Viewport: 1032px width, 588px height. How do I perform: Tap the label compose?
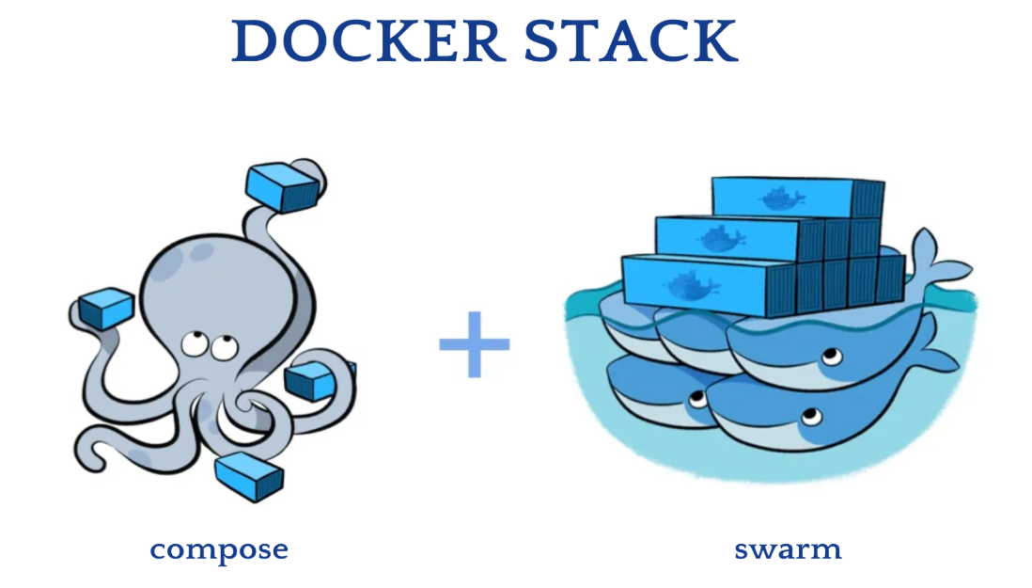click(x=219, y=548)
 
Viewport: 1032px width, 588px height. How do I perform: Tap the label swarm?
click(x=788, y=548)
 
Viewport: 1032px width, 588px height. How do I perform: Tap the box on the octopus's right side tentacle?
click(x=312, y=380)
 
